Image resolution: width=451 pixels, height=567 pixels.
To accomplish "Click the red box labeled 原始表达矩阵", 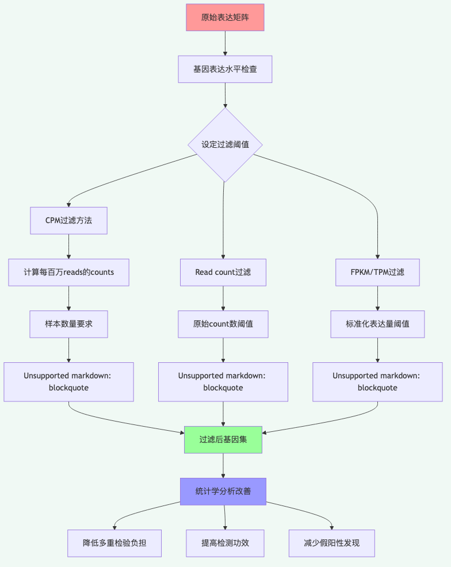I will pos(225,18).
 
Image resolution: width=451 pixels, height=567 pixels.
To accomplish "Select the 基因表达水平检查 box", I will pos(225,69).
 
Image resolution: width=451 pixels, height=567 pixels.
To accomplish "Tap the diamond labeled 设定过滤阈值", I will pos(225,144).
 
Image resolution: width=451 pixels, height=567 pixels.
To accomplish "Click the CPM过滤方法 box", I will pos(68,220).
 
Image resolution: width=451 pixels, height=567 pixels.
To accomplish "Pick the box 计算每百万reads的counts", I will pos(68,272).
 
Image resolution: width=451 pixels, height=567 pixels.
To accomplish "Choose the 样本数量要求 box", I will pos(68,324).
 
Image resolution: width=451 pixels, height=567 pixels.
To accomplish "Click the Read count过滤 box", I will pos(223,272).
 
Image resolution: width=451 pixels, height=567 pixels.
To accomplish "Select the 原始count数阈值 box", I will pos(223,324).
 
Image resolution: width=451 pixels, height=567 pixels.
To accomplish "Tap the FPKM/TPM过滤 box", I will pos(377,272).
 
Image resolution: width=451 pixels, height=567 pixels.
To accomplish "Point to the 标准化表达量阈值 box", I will pos(377,324).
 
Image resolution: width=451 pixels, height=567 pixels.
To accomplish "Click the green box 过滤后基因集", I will pos(223,440).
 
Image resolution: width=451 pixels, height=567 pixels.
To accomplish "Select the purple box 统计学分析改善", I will pos(223,491).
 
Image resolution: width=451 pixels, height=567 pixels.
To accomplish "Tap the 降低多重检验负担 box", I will pos(114,543).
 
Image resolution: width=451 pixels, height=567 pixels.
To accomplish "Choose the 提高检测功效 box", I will pos(225,543).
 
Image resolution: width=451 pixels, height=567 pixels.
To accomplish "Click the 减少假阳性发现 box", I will pos(332,543).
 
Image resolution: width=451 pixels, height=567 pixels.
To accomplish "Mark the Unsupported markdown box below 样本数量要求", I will pos(68,382).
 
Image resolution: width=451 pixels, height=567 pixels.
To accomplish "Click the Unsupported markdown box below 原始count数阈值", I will pos(223,382).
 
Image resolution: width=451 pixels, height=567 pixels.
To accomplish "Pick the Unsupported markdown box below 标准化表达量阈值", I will pos(377,382).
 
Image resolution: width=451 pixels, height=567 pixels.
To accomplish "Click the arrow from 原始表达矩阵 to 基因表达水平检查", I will pos(225,43).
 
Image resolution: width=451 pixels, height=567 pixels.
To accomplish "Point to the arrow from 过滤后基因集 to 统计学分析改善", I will pos(223,466).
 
